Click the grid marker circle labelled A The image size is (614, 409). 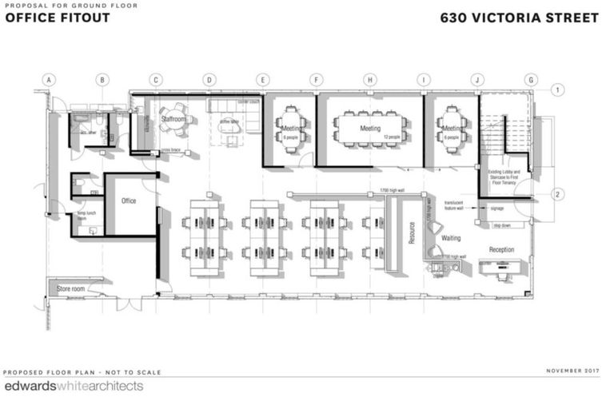[49, 80]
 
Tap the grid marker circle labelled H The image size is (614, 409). [370, 80]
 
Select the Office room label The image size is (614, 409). [129, 201]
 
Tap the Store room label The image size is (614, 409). [70, 288]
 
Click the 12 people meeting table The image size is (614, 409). [370, 128]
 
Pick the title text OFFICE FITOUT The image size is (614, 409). [53, 18]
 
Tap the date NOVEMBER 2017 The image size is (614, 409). [572, 371]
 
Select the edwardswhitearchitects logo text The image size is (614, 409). [74, 387]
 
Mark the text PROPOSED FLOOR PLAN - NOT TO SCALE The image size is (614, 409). [82, 372]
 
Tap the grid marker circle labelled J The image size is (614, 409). [477, 80]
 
